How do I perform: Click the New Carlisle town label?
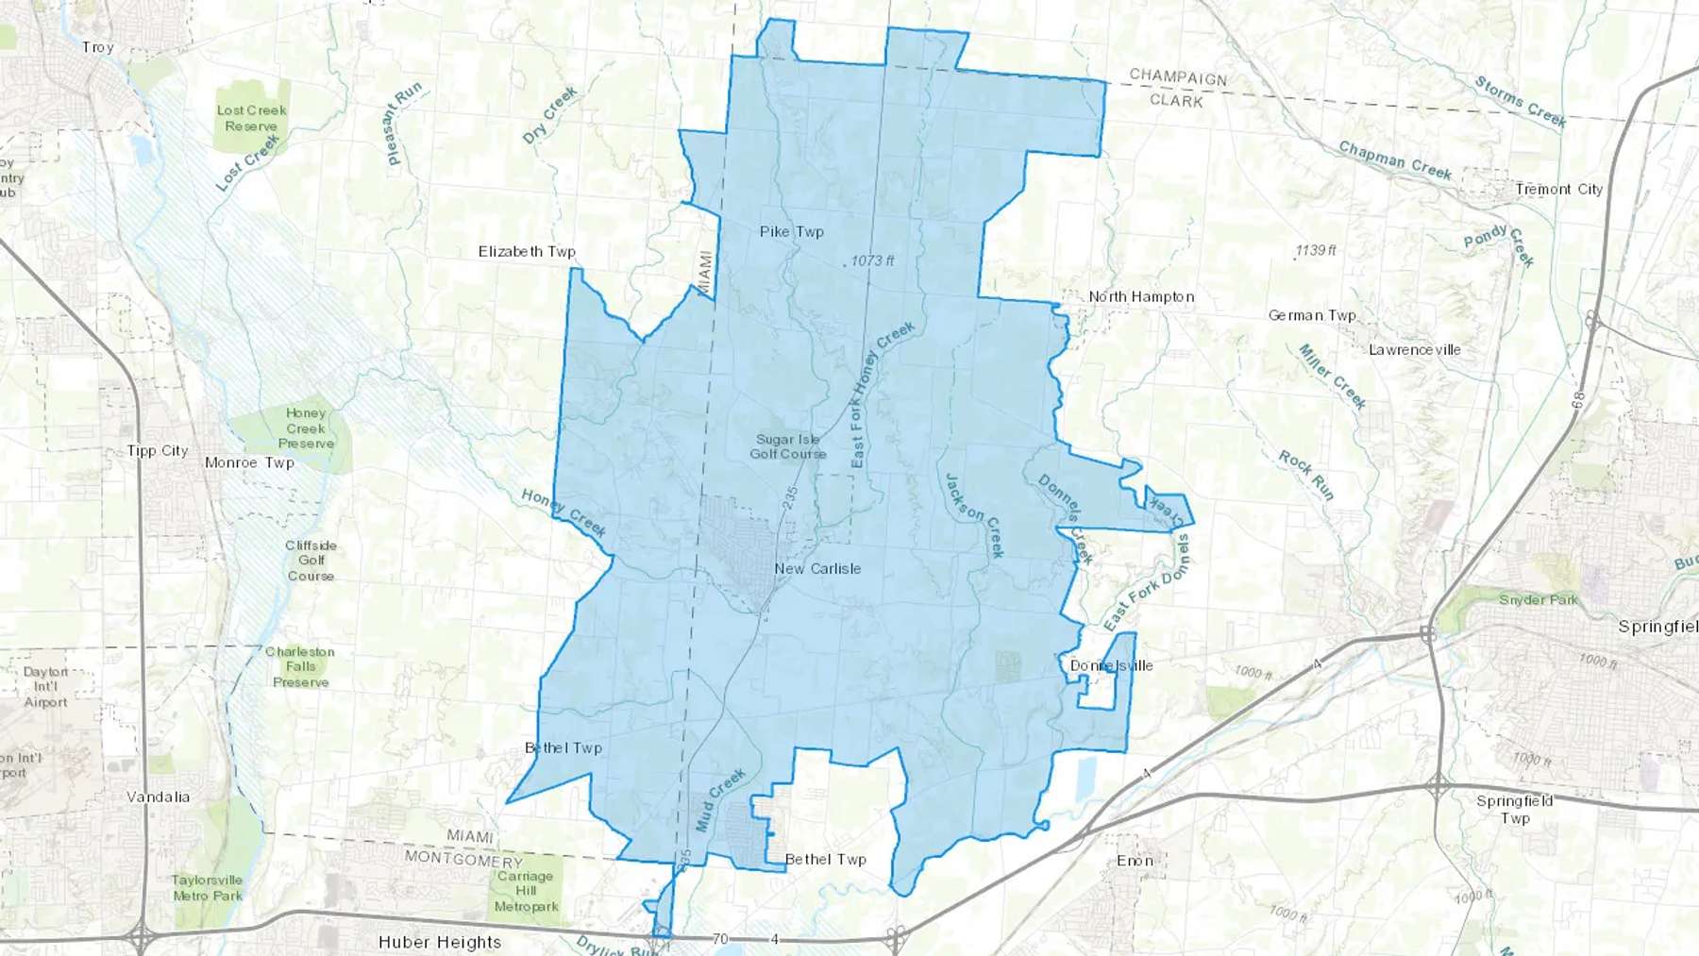point(817,568)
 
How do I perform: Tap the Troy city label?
point(97,47)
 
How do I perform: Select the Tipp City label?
point(158,451)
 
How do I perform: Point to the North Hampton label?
point(1141,296)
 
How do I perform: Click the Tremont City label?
point(1558,189)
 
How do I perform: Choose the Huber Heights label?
point(440,942)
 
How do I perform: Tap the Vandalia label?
point(158,797)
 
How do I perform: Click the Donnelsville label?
point(1111,665)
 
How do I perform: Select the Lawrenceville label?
point(1414,349)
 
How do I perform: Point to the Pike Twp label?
point(791,231)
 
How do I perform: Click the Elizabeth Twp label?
point(526,251)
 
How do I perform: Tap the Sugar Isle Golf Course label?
point(787,446)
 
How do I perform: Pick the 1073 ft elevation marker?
point(870,260)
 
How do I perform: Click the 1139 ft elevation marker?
point(1315,250)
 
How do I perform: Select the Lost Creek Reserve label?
point(251,118)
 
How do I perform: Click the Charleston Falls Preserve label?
point(300,666)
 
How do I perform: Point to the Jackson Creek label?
point(973,514)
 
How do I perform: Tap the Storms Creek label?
point(1520,102)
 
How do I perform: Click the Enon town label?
point(1135,861)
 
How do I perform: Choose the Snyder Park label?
point(1538,599)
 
